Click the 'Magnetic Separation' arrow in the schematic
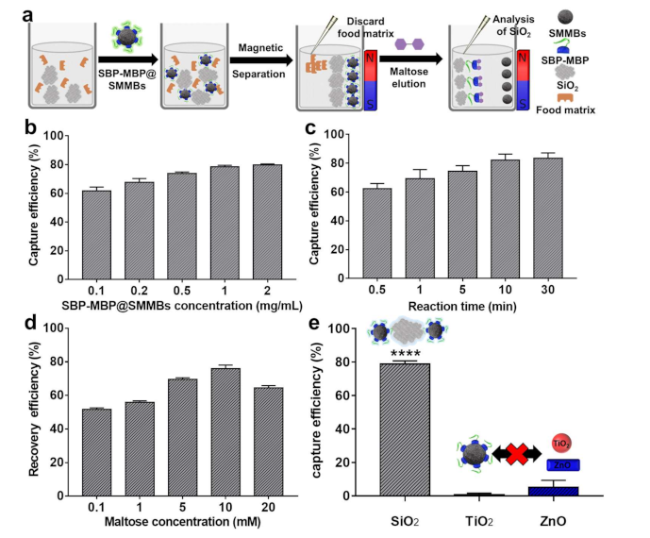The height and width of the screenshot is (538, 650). (245, 63)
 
